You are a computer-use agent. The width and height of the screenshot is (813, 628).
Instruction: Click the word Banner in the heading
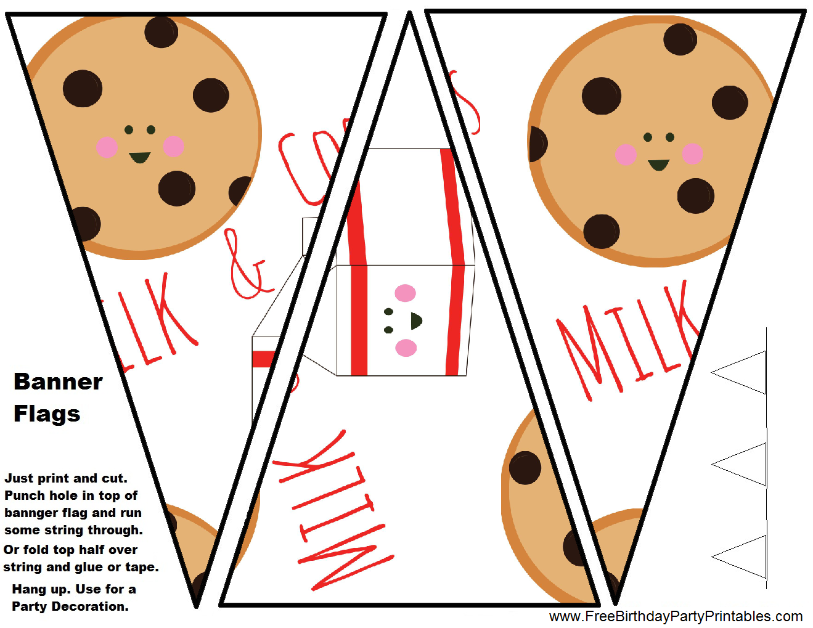(58, 381)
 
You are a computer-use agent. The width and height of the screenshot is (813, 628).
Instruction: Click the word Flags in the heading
(47, 414)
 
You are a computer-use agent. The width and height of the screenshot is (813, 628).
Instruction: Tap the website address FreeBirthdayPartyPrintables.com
(676, 616)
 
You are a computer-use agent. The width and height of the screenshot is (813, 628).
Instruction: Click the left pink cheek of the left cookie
(107, 147)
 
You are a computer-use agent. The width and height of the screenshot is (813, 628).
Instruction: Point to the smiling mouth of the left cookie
(140, 157)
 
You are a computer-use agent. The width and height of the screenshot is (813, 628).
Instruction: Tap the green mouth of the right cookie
(658, 165)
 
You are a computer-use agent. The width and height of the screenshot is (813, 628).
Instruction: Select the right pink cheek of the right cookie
(692, 153)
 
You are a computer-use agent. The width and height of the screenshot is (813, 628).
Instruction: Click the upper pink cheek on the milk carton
(405, 293)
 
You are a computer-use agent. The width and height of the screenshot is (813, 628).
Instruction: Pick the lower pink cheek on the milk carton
(406, 348)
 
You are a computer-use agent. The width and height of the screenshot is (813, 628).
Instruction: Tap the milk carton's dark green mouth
(416, 321)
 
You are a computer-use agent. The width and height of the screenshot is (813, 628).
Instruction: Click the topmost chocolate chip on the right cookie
(680, 39)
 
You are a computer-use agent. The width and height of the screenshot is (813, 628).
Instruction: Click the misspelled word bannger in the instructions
(29, 513)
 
